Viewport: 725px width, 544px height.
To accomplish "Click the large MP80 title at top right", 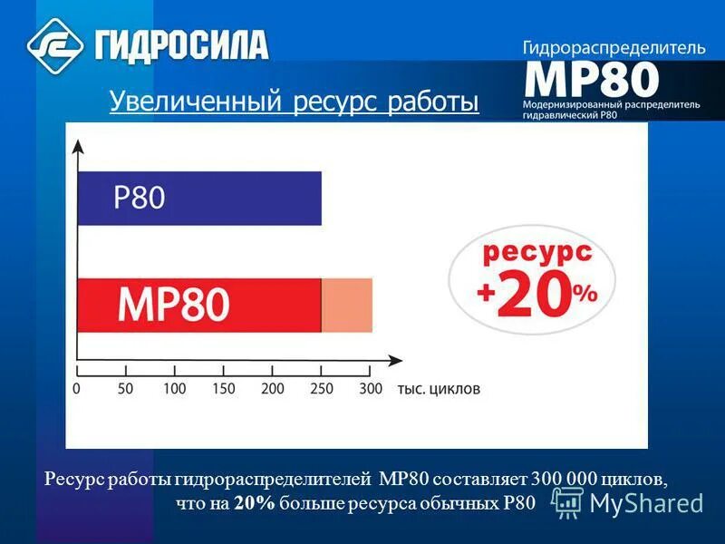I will coord(591,80).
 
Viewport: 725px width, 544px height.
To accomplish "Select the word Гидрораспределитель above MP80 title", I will coord(614,48).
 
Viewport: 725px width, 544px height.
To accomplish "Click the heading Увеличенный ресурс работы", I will coord(294,101).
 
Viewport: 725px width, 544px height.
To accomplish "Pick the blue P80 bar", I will coord(199,198).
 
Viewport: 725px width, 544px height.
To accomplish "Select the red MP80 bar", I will coord(199,305).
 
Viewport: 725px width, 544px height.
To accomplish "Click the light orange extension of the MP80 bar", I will coord(347,305).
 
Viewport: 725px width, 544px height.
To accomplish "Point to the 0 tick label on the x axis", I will coord(77,389).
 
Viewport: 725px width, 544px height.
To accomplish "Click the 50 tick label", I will coord(125,389).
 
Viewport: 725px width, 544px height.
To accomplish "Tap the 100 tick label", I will coord(174,389).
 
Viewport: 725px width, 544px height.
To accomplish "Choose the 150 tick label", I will coord(223,389).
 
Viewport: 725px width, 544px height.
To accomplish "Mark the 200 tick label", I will coord(272,389).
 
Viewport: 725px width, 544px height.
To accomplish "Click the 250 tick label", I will coord(321,389).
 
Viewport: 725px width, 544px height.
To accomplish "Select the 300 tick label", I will coord(370,389).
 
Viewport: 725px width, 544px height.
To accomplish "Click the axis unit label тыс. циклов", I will coord(439,389).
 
